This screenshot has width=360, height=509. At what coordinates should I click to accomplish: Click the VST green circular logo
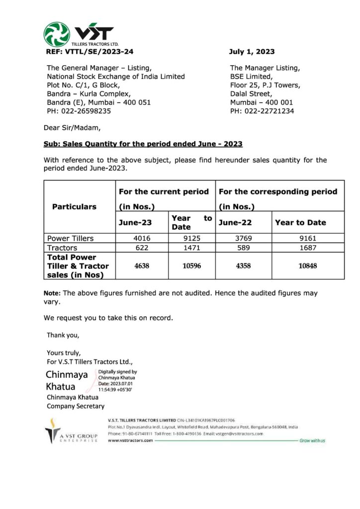coord(57,34)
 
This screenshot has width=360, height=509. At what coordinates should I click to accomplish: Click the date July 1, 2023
coord(252,52)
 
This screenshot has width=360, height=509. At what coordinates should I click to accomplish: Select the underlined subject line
coord(143,144)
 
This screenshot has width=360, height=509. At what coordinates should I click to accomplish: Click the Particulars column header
coord(75,207)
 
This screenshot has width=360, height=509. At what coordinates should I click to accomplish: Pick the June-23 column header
coord(135,223)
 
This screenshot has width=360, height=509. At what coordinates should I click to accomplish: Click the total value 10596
coord(191,266)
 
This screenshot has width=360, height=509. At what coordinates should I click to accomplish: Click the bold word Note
coord(52,293)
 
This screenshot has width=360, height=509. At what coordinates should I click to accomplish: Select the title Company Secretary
coord(76,406)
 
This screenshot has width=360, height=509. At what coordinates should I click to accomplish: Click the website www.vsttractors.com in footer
coord(130,440)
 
